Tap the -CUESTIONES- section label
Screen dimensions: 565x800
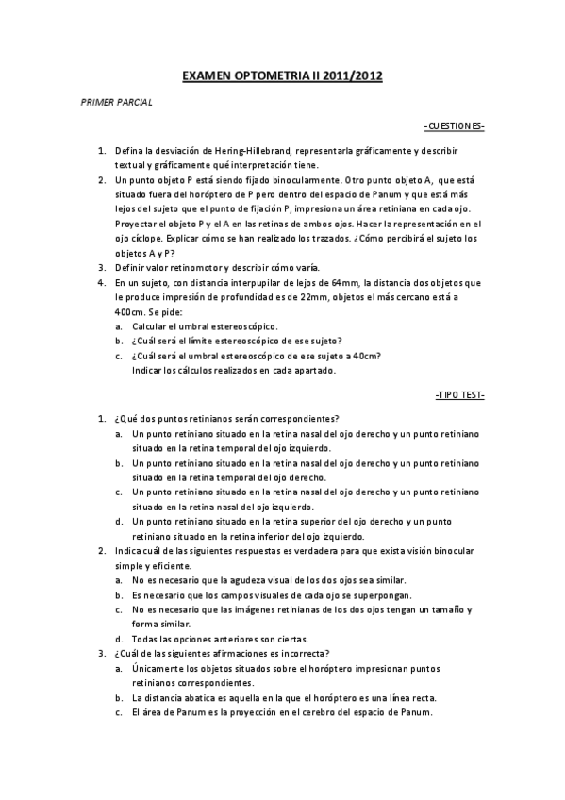coord(455,125)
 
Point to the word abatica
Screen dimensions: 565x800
coord(195,697)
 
